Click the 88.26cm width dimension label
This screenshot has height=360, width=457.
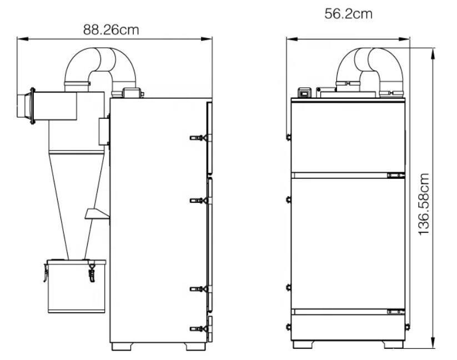tap(111, 30)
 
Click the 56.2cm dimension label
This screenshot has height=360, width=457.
tap(348, 14)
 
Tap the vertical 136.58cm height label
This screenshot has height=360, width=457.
tap(424, 204)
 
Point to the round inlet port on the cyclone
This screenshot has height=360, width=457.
tap(26, 106)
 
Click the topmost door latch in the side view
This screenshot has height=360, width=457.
tap(200, 138)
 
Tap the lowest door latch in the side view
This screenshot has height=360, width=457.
tap(200, 328)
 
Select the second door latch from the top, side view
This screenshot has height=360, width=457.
tap(200, 201)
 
